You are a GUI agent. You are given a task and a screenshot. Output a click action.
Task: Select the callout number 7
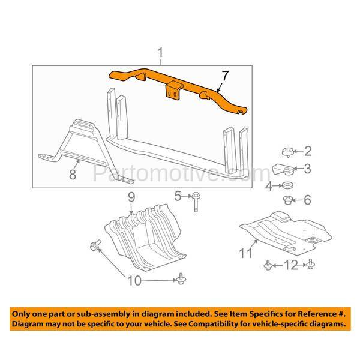click(x=224, y=76)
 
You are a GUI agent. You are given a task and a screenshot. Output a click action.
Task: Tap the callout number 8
click(x=72, y=176)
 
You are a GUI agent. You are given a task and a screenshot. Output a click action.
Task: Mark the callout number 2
click(x=307, y=151)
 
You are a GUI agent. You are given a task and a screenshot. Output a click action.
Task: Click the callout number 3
click(x=307, y=169)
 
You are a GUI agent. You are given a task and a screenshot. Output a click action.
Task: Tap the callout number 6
click(x=307, y=200)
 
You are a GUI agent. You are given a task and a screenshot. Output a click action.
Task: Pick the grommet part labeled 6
click(x=287, y=200)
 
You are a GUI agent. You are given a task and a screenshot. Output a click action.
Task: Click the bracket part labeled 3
click(x=284, y=169)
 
